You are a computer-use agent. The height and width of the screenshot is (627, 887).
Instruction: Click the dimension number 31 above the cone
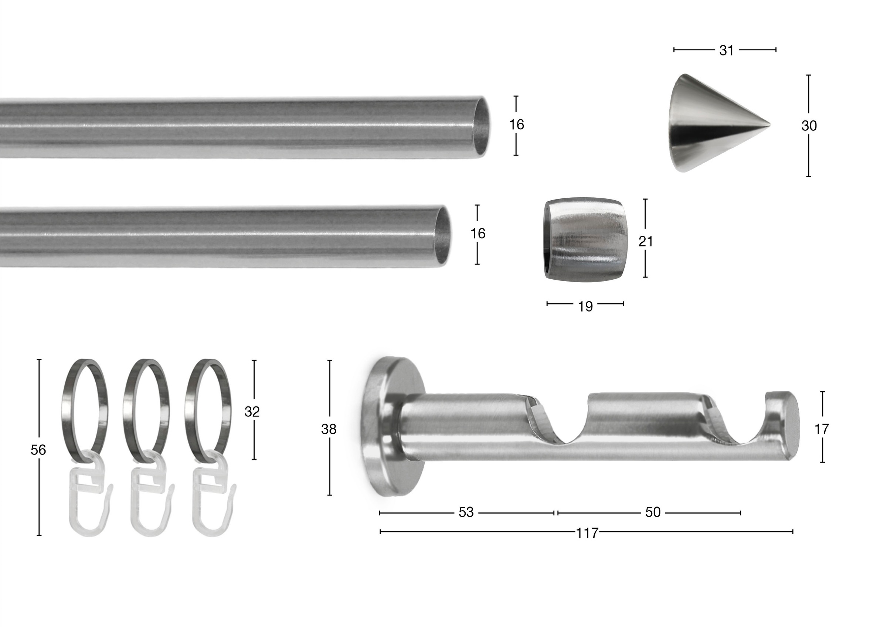pyautogui.click(x=726, y=51)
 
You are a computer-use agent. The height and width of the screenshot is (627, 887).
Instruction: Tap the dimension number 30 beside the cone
pyautogui.click(x=809, y=126)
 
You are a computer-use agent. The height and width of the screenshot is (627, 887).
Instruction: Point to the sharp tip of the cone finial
pyautogui.click(x=769, y=125)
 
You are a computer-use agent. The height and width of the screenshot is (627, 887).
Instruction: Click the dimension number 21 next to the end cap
pyautogui.click(x=646, y=241)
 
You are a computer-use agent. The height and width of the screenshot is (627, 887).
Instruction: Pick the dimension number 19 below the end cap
pyautogui.click(x=585, y=307)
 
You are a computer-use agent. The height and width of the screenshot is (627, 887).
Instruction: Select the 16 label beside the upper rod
pyautogui.click(x=516, y=125)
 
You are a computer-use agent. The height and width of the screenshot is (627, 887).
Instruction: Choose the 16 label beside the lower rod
pyautogui.click(x=478, y=234)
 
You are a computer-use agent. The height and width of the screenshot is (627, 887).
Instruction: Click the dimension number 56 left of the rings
pyautogui.click(x=38, y=450)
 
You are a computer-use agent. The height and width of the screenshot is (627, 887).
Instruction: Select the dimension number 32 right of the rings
pyautogui.click(x=252, y=412)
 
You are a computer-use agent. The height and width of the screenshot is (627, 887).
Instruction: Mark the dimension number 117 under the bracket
pyautogui.click(x=587, y=534)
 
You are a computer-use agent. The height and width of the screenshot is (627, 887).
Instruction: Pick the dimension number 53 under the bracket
pyautogui.click(x=466, y=512)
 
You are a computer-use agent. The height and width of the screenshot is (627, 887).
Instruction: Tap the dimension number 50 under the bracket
pyautogui.click(x=653, y=512)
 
